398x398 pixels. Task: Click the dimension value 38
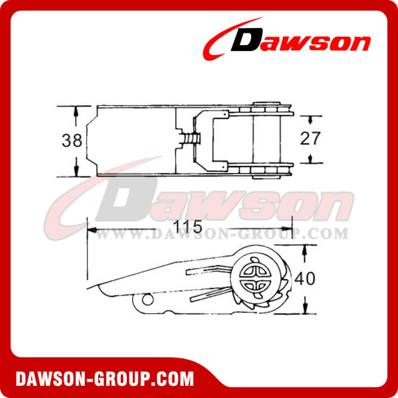[x=72, y=141]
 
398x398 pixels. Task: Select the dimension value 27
[x=310, y=139]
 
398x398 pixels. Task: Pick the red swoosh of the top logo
[x=223, y=37]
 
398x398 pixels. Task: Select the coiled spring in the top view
[x=191, y=140]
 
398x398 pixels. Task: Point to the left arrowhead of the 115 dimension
[x=91, y=230]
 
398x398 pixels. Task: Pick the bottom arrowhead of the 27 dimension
[x=309, y=160]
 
